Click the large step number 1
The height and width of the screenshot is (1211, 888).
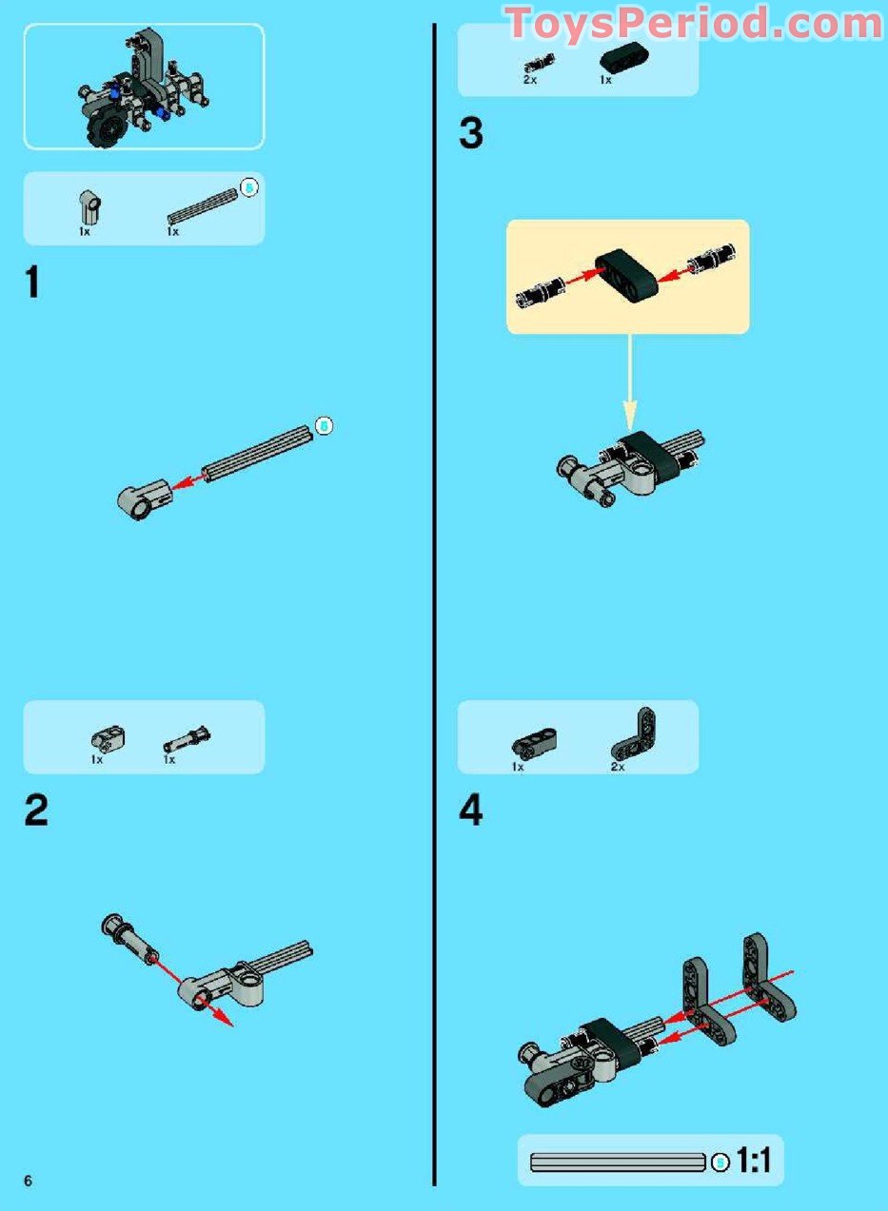32,283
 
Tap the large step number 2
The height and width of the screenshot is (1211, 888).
35,811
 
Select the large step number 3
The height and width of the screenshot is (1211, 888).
470,134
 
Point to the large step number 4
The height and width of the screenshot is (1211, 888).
470,811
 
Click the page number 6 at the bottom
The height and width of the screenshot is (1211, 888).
29,1181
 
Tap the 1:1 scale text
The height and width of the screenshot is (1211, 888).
753,1161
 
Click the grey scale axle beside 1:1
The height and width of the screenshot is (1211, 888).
617,1162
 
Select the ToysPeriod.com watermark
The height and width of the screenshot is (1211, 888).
694,23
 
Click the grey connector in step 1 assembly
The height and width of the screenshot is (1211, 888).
143,498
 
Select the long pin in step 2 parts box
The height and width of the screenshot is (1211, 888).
187,739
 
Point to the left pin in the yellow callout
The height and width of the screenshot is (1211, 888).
538,289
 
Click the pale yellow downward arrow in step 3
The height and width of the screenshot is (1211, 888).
629,381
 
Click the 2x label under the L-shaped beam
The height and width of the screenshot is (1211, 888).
618,766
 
